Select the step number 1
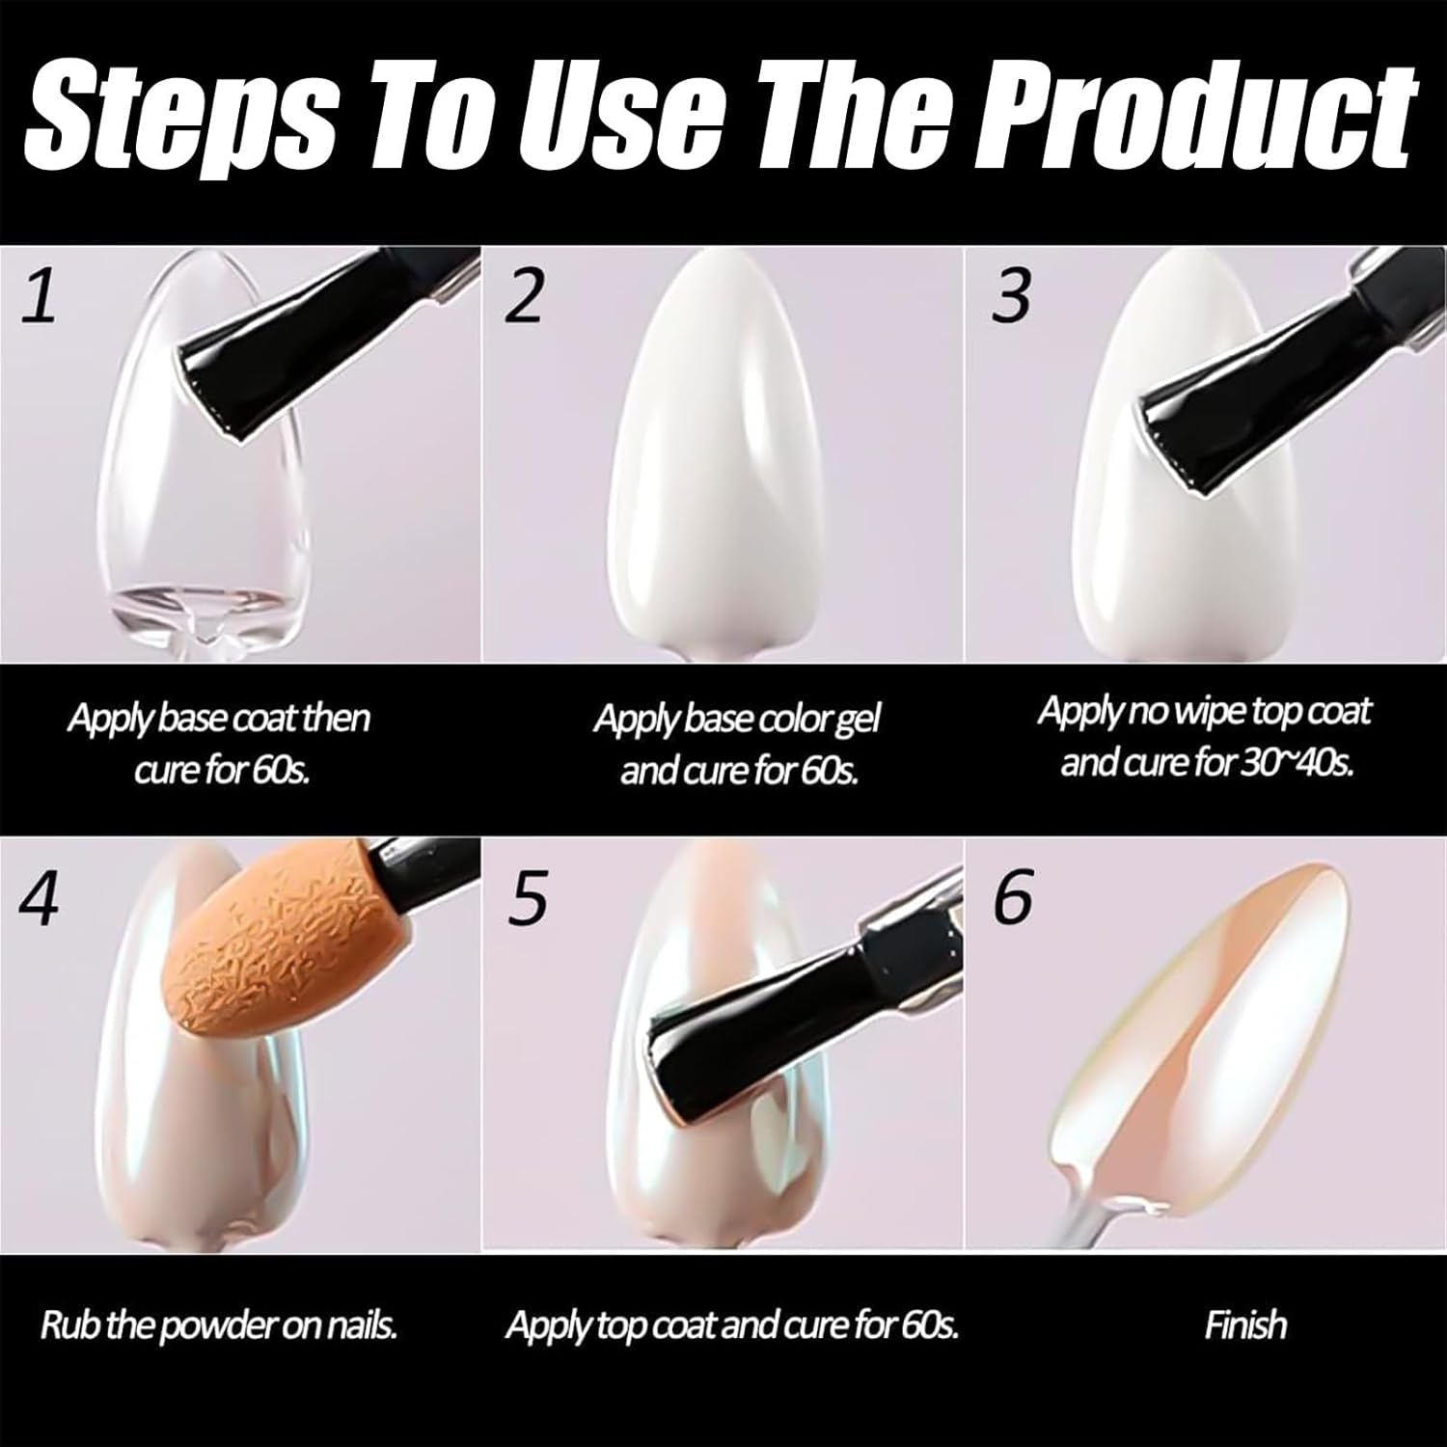click(x=40, y=297)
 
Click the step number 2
click(x=524, y=296)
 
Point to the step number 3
click(x=1011, y=296)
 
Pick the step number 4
click(x=39, y=898)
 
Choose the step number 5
click(x=526, y=898)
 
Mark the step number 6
click(x=1012, y=896)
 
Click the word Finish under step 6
click(x=1245, y=1324)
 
